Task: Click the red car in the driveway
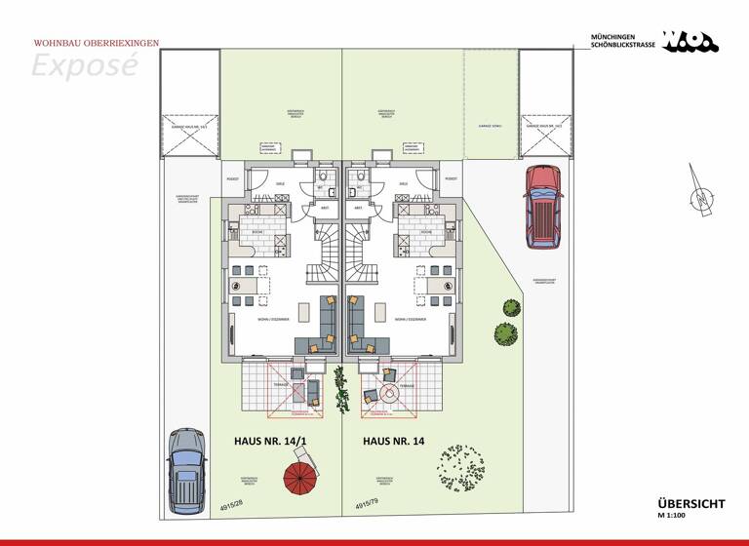click(x=543, y=206)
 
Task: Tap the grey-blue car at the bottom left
click(x=187, y=471)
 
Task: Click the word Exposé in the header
click(x=84, y=65)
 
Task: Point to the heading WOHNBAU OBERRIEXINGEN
click(x=97, y=43)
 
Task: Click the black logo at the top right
click(x=690, y=41)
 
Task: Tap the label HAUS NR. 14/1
click(x=269, y=441)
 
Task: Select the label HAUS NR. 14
click(x=394, y=441)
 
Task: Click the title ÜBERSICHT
click(x=690, y=503)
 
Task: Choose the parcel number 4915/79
click(x=367, y=503)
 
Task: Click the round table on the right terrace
click(x=389, y=395)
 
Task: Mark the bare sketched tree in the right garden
click(x=460, y=471)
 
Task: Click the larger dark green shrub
click(x=504, y=333)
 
